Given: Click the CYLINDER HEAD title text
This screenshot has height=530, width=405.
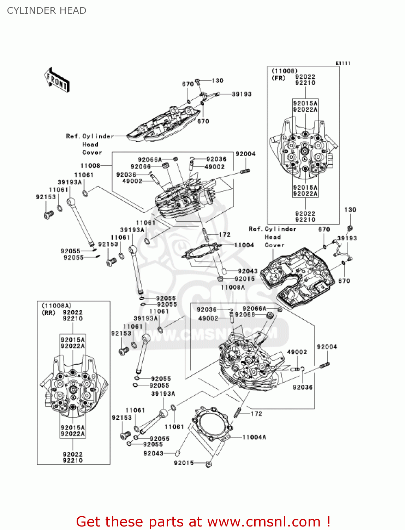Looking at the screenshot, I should pos(47,11).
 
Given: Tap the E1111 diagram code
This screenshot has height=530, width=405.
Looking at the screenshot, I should pos(343,63).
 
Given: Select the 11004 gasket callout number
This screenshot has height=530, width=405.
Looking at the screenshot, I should pos(244,245).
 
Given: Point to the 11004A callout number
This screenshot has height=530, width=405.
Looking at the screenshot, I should pos(254,437).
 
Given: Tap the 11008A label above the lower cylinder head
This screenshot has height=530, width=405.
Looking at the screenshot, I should pos(233,287).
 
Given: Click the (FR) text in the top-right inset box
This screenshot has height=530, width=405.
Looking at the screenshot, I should pos(278,78).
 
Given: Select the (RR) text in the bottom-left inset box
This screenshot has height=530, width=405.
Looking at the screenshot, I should pos(49,313).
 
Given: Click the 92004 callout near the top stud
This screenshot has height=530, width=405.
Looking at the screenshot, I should pos(245,154).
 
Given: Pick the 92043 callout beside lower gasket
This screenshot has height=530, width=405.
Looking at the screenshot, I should pos(153,453).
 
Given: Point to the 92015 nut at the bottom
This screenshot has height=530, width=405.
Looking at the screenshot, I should pos(209,464).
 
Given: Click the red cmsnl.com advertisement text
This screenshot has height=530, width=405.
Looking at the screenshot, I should pos(203,522).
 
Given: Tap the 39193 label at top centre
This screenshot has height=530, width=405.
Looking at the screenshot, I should pos(242,94).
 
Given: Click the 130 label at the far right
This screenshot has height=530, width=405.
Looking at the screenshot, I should pos(350,210).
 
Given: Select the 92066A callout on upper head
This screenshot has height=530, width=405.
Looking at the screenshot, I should pos(150,160).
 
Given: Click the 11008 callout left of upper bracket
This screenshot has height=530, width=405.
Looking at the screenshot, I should pos(90,165).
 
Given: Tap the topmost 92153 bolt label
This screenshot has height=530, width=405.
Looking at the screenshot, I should pos(46,197).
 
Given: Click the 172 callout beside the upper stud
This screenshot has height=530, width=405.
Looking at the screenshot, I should pos(225,234).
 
